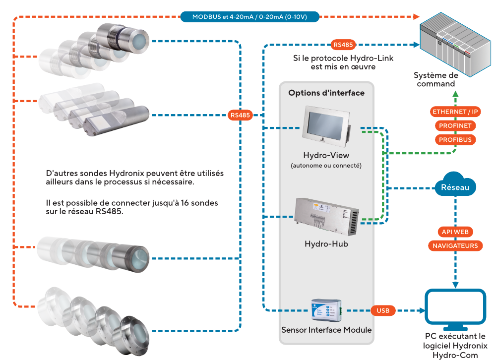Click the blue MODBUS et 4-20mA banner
tap(249, 17)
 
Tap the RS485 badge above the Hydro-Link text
tap(343, 45)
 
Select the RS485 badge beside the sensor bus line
tap(240, 115)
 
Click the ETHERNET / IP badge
tap(455, 112)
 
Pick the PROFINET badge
tap(455, 125)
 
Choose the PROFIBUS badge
tap(455, 139)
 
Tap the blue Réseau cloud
tap(455, 185)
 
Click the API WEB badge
tap(455, 232)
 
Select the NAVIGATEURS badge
tap(455, 246)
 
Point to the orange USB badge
tap(383, 310)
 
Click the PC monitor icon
tap(455, 309)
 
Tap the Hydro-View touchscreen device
tap(327, 126)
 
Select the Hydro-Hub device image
tap(327, 217)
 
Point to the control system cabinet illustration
tap(455, 44)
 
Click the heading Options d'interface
tap(326, 93)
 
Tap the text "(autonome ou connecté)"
tap(326, 166)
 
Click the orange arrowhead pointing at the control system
tap(416, 17)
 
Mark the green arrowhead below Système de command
tap(455, 94)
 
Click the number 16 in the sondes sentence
tap(185, 203)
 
